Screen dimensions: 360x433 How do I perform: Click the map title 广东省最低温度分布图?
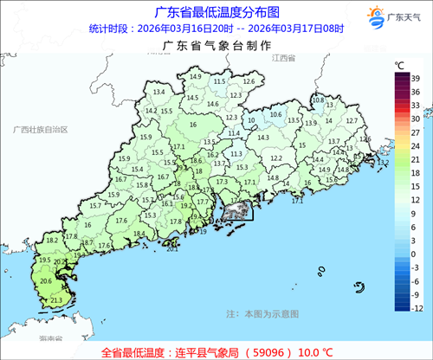216,12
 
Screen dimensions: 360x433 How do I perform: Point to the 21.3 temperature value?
56,299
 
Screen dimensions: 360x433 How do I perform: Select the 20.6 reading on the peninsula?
46,280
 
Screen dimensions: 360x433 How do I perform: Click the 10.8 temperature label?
317,100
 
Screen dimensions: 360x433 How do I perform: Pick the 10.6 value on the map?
276,114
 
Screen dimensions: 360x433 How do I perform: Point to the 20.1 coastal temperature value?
172,249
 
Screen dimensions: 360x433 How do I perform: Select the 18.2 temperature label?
51,240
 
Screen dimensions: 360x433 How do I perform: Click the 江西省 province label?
283,58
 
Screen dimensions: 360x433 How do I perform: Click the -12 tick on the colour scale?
417,308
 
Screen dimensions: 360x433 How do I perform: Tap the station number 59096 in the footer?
266,351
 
